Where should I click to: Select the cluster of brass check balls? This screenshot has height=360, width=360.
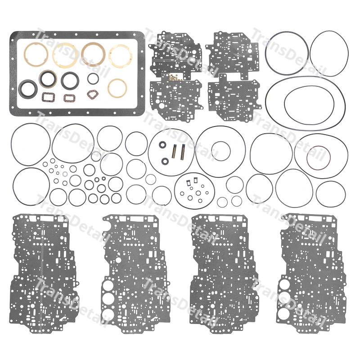click(x=175, y=77)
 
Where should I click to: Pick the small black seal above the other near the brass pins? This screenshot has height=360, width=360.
click(x=162, y=144)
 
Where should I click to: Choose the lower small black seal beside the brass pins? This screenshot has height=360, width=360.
click(x=165, y=161)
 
